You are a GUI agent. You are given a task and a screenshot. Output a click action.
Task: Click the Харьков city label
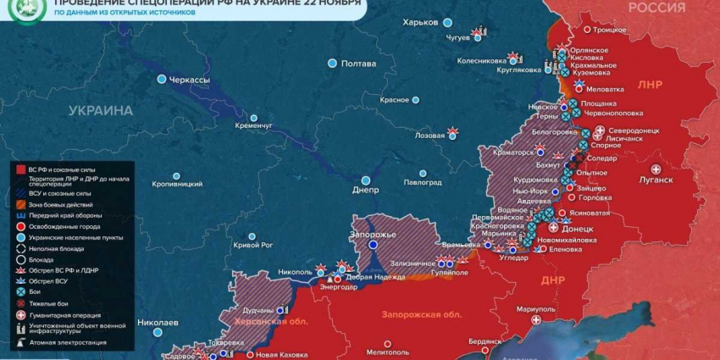click(421, 22)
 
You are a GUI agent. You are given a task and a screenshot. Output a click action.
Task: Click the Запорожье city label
click(373, 234)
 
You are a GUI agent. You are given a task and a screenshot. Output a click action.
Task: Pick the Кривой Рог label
click(253, 245)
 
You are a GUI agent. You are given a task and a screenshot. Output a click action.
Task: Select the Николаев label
click(158, 323)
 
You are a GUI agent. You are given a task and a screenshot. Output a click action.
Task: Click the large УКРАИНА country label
click(101, 111)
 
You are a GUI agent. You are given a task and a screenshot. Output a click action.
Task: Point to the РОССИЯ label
click(656, 8)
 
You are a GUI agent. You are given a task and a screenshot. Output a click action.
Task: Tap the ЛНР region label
click(650, 86)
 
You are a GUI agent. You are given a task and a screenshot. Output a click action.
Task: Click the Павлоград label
click(422, 182)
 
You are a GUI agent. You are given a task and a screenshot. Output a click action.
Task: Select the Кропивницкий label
click(177, 183)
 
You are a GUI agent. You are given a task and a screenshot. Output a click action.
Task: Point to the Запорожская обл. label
click(422, 315)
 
